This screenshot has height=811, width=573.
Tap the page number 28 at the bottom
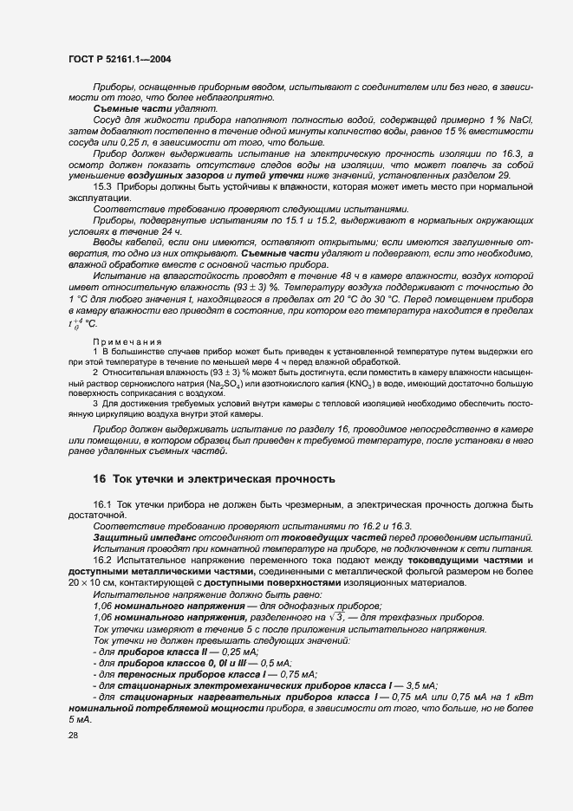72,735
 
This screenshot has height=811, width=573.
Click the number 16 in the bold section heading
100,478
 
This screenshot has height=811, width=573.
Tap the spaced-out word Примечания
123,343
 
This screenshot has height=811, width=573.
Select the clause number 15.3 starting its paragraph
101,186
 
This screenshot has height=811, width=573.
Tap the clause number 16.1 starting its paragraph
101,504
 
